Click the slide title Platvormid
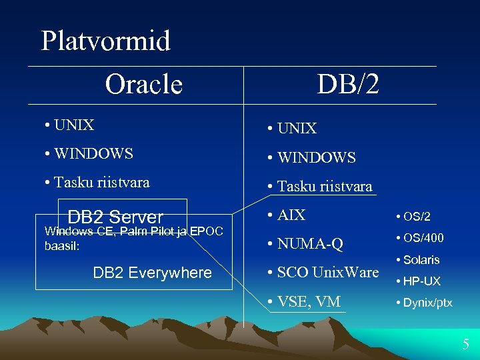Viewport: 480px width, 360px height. point(105,41)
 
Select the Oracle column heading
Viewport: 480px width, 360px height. point(143,84)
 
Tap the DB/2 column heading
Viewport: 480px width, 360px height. point(348,84)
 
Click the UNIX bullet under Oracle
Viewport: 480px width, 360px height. point(70,125)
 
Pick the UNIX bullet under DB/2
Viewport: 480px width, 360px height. point(292,128)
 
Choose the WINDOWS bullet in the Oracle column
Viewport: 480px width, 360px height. point(89,153)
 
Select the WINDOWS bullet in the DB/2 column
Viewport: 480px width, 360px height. point(311,158)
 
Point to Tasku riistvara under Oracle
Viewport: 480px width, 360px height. point(97,182)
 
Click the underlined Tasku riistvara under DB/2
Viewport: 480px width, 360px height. point(319,187)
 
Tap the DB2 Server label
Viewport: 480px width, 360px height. point(115,217)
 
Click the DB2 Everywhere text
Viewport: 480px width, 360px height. point(152,273)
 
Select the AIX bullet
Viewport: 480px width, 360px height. point(286,215)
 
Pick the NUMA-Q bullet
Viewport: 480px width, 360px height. point(305,244)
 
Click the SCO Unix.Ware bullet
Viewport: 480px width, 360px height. point(323,272)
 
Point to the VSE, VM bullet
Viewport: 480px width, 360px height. point(303,301)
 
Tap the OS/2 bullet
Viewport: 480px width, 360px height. point(413,217)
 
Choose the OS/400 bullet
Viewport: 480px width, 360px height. point(419,238)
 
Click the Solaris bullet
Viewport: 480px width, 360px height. point(417,259)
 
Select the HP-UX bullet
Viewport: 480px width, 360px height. point(418,281)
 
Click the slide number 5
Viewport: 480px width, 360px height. point(466,345)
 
